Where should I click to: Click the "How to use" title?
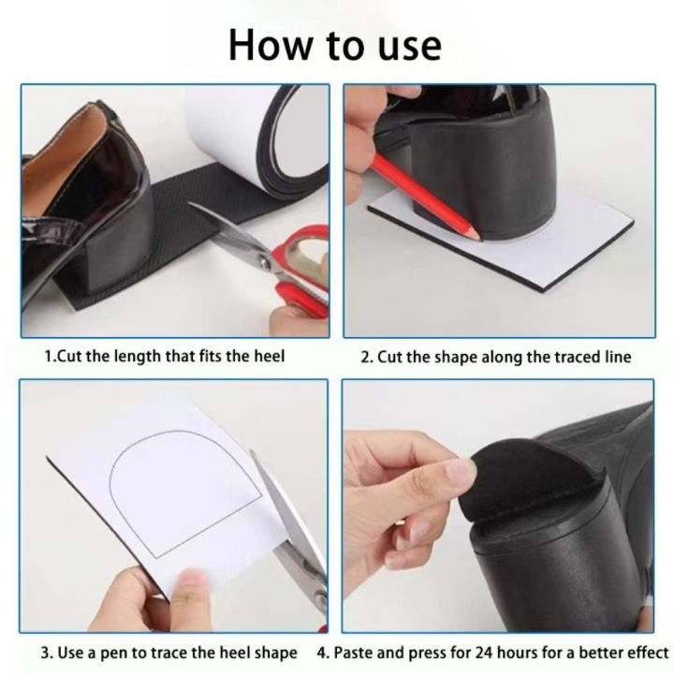[335, 43]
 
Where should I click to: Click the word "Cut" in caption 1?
[69, 357]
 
